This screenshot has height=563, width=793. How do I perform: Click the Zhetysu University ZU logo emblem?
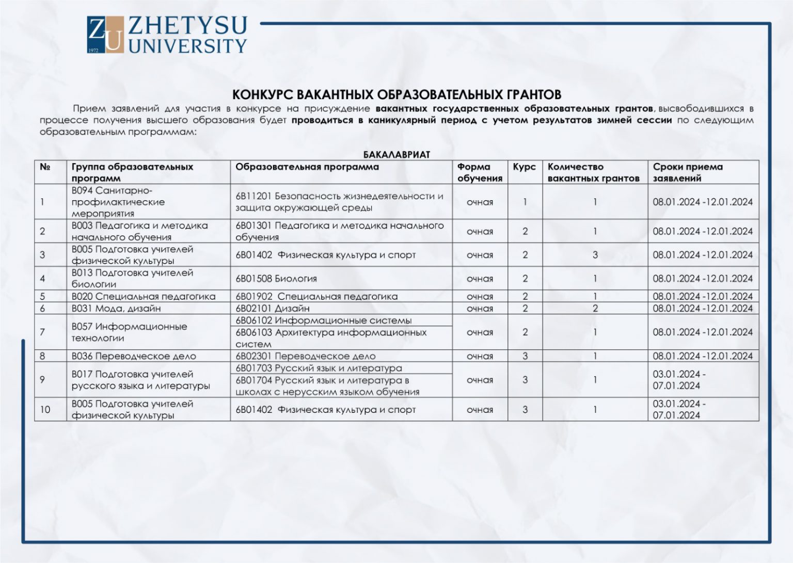point(105,35)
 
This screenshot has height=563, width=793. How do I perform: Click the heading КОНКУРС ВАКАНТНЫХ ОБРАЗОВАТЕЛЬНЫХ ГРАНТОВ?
point(396,94)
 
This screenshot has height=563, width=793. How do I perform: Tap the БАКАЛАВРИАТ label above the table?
point(396,154)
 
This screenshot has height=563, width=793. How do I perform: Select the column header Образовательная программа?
point(307,167)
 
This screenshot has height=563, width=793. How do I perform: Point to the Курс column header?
point(524,167)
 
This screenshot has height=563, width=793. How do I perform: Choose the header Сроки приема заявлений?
point(687,172)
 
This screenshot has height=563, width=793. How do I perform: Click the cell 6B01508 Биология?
point(276,279)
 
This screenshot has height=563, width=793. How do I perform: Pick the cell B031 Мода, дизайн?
point(116,309)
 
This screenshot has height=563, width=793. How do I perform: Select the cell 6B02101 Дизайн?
point(273,309)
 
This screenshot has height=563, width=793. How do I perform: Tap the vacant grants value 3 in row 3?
point(595,255)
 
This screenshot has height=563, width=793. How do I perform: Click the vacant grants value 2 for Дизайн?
point(595,309)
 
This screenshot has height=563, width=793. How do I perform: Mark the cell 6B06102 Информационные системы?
point(324,320)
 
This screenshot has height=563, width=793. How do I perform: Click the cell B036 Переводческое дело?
point(134,356)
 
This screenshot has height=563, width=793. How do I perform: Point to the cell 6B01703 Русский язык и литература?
point(319,368)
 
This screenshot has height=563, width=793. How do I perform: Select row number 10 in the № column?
point(45,409)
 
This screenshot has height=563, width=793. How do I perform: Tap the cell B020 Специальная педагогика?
point(143,297)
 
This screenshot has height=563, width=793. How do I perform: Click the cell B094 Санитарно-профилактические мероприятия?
point(118,202)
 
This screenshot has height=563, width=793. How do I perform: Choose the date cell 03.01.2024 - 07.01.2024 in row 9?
point(678,380)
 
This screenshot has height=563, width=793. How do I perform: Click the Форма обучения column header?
point(480,172)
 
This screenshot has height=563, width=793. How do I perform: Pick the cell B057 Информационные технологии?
point(129,332)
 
